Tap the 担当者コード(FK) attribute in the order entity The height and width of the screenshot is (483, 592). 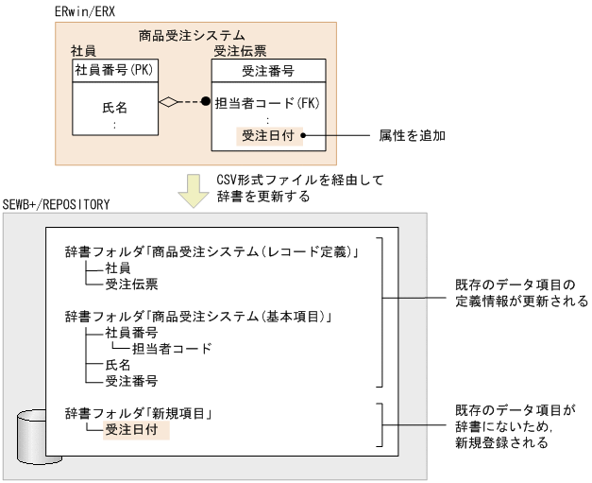[x=269, y=103]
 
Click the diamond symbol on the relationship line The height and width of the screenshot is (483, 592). [x=169, y=103]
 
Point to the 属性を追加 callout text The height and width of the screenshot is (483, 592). [x=412, y=135]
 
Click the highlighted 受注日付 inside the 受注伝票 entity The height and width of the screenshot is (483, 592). [x=269, y=135]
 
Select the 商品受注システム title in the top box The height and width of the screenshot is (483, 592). [x=192, y=36]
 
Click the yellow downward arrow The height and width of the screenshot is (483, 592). [x=194, y=189]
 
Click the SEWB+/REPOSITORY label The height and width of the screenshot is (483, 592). [x=58, y=204]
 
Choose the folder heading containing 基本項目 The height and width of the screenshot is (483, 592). [x=203, y=315]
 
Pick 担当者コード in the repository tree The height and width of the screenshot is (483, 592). [x=172, y=348]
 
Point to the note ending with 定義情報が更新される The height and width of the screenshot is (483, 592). [x=520, y=293]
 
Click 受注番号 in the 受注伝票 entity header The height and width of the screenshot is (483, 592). [x=269, y=70]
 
